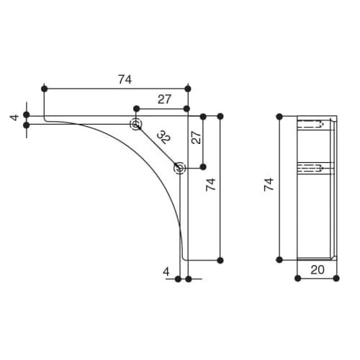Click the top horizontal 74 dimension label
[125, 80]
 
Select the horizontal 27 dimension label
[164, 99]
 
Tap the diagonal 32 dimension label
[164, 137]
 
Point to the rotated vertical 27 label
[197, 138]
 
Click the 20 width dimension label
[318, 270]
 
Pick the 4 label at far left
[14, 117]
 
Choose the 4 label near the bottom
[166, 272]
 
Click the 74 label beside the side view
[269, 184]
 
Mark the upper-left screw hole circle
[136, 125]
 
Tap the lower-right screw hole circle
[180, 168]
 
